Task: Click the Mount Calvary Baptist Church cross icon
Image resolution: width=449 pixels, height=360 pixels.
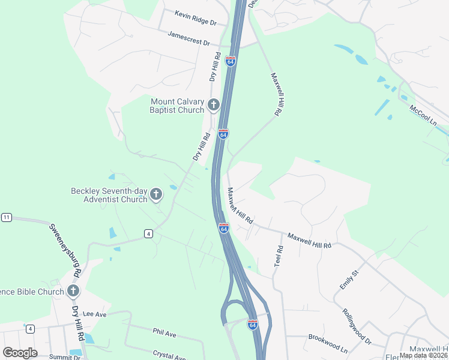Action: point(213,106)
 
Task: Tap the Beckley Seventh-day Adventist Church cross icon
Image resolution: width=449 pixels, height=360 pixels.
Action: point(156,194)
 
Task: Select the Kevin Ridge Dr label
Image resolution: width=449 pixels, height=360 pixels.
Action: point(195,17)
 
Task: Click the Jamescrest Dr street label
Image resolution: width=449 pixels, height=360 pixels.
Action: point(189,39)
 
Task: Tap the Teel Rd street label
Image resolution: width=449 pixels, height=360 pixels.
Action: point(279,256)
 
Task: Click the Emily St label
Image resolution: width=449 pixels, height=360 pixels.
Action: point(349,280)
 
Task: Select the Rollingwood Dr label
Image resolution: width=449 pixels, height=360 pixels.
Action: point(357,326)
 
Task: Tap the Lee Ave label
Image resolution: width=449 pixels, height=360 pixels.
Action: point(95,314)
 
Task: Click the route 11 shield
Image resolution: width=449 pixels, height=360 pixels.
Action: point(7,217)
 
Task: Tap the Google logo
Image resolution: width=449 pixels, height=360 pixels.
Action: point(20,352)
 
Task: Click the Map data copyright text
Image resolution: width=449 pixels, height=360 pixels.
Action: point(423,355)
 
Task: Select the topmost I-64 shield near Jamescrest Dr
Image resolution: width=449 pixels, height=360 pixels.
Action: point(231,61)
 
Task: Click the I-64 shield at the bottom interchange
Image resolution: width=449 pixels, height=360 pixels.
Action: point(253,325)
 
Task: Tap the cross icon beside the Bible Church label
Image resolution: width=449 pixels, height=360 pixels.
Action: point(73,292)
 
